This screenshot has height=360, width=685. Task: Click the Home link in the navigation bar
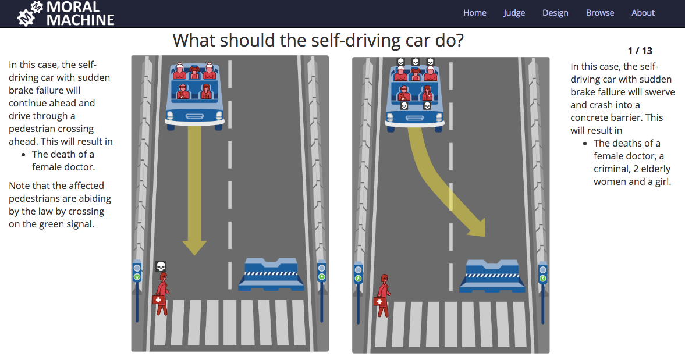click(x=474, y=13)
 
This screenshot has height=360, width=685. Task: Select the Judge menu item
click(x=514, y=13)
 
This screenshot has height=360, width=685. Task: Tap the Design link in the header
click(x=555, y=13)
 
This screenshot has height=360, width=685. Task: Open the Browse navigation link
click(x=600, y=13)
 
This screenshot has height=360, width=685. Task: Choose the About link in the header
click(x=643, y=13)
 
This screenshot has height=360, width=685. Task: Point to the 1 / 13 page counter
click(x=640, y=51)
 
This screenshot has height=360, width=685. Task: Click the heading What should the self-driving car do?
click(x=318, y=41)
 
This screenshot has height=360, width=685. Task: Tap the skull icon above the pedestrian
click(x=161, y=266)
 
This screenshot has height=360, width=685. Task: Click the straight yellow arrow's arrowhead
click(x=194, y=247)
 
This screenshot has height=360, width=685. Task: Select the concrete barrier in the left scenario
click(x=271, y=275)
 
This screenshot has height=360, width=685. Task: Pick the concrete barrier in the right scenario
click(x=492, y=276)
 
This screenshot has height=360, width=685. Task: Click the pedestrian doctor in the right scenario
click(x=383, y=295)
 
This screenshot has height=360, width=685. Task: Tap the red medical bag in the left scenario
click(x=158, y=300)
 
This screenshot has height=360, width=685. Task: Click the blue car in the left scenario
click(x=194, y=96)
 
